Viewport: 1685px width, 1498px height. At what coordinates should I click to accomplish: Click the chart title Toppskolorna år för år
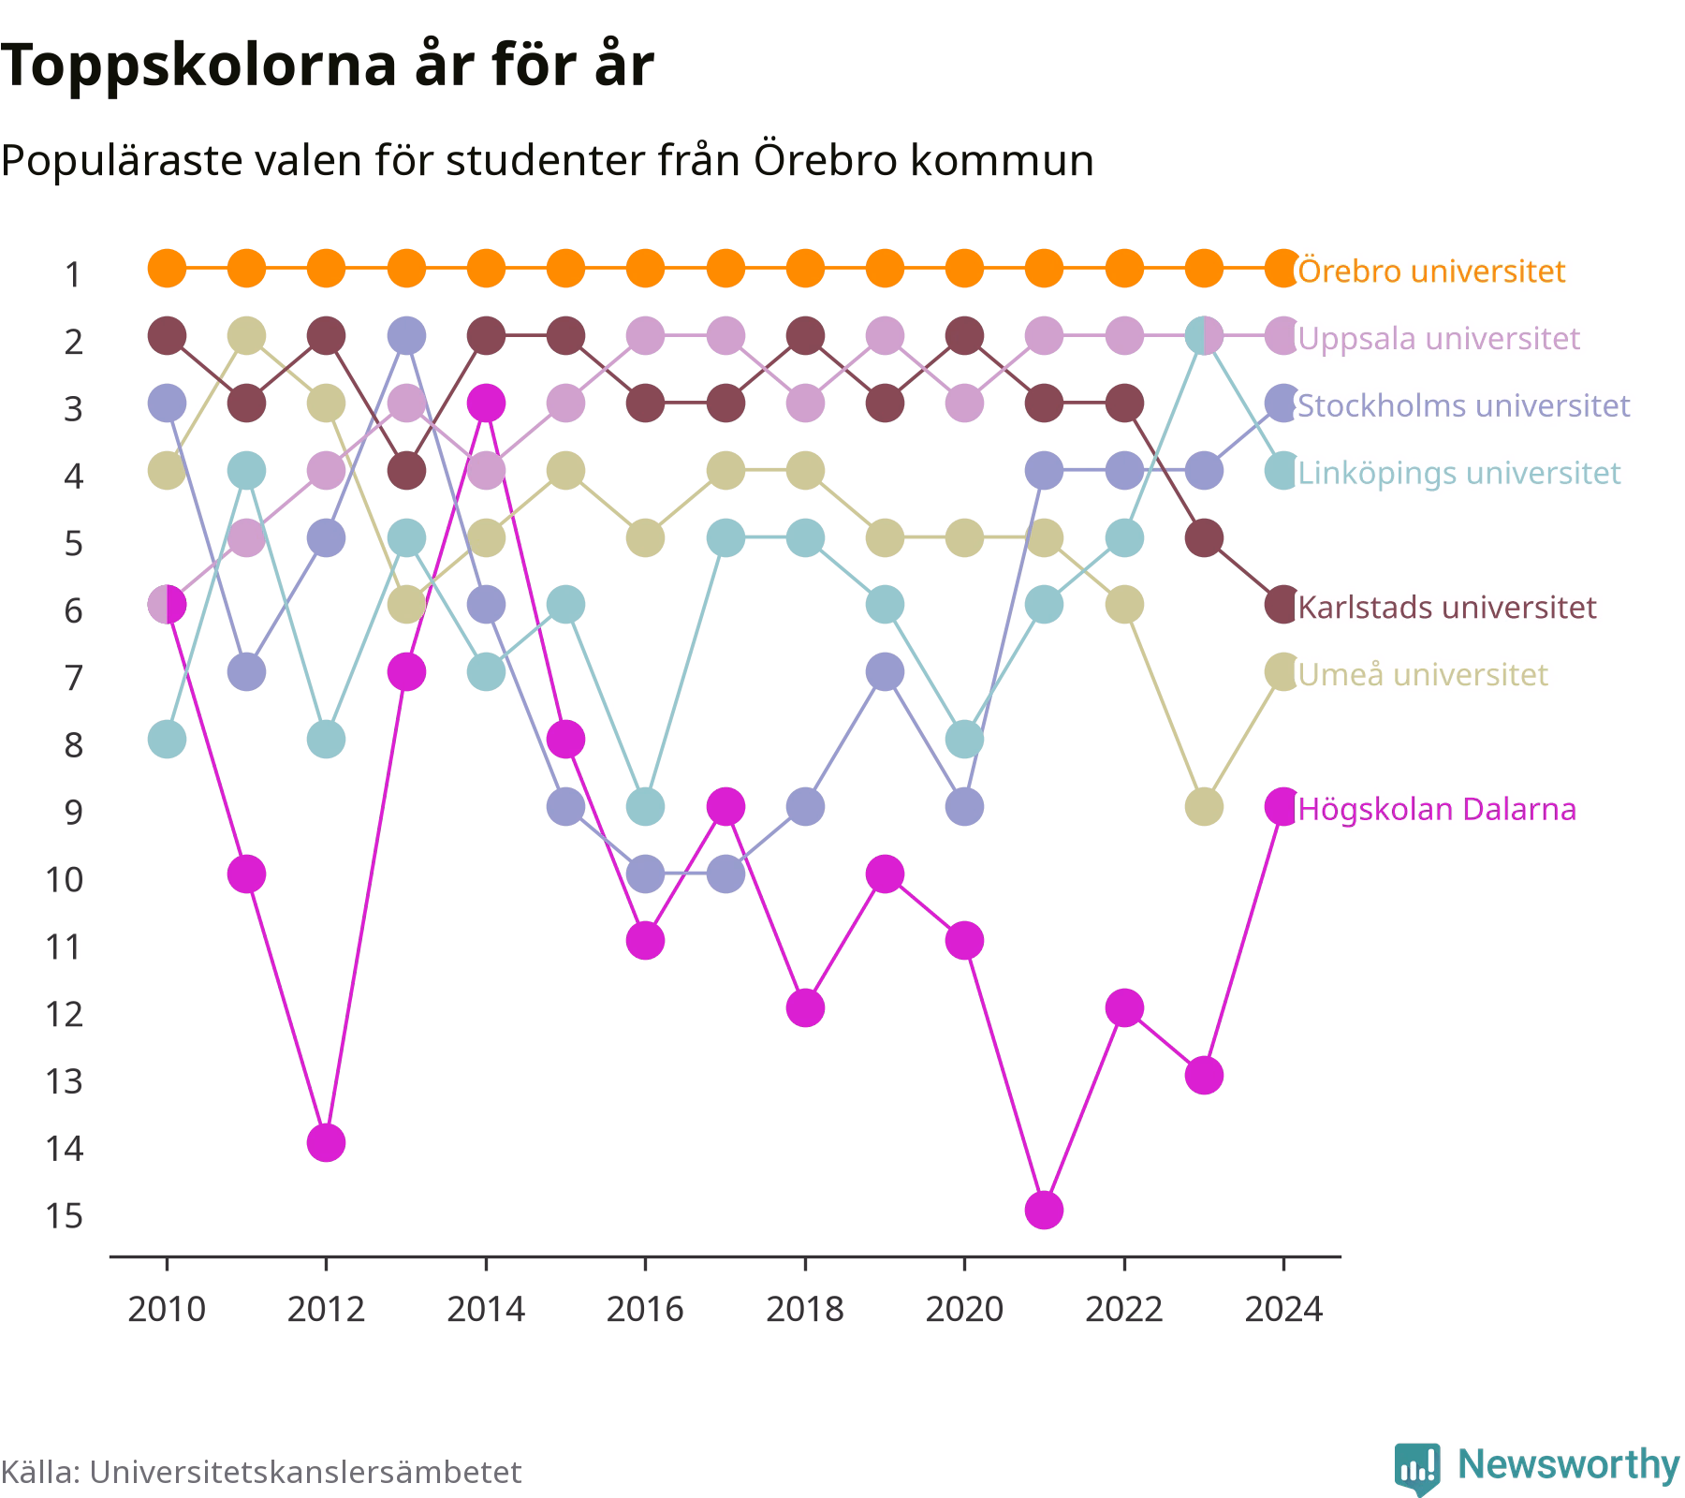327,66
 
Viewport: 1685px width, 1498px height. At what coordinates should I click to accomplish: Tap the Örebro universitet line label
1431,271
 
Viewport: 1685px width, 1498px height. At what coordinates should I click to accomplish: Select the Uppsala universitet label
1439,338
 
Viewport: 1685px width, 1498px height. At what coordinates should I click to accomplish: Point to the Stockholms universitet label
1464,405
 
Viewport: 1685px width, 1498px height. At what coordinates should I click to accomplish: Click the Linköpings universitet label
1459,473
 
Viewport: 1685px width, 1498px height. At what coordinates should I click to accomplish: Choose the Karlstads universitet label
1447,607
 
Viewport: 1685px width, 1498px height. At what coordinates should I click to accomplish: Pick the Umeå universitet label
1423,674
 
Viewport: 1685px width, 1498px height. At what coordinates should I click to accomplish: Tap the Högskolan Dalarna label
1437,809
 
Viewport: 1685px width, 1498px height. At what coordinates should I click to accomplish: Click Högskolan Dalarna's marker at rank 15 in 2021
1044,1211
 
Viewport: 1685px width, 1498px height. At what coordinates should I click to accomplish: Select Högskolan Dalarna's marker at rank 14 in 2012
326,1142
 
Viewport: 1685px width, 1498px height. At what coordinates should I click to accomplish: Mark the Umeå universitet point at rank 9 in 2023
1204,806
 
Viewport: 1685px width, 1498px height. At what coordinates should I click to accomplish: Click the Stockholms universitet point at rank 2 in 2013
406,335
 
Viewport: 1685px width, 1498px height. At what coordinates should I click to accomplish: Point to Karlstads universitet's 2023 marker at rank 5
1204,538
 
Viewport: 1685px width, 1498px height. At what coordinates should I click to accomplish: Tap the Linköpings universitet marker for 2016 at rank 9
645,806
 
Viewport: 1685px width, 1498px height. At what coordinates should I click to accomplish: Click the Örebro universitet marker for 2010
167,269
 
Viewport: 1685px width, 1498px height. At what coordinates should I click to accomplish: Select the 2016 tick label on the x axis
645,1309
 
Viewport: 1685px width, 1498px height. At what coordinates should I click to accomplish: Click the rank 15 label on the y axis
64,1216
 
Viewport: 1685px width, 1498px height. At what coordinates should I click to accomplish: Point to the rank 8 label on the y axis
74,745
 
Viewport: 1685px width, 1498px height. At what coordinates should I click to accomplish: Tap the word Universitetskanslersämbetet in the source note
305,1472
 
